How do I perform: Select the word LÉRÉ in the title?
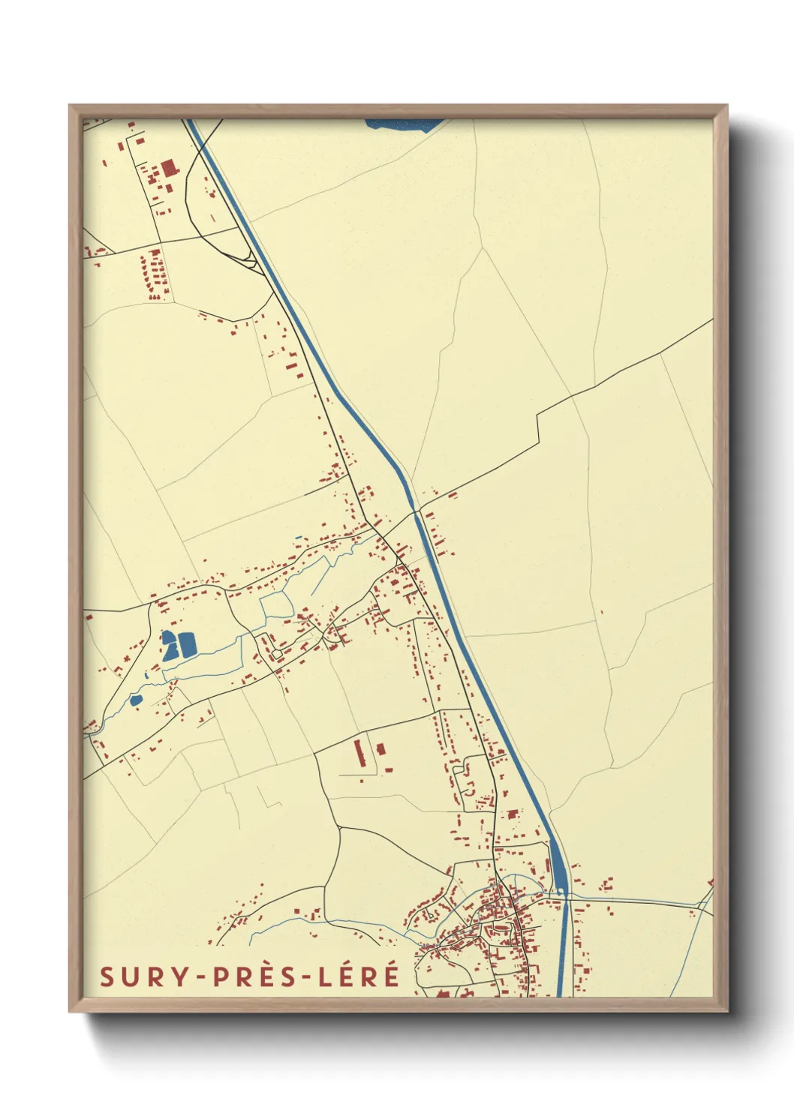(357, 976)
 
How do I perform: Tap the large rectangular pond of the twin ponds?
(185, 644)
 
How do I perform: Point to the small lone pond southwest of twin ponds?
(136, 700)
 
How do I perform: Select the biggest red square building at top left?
(167, 166)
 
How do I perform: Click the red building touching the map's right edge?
(710, 883)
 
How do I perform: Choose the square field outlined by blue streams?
(275, 604)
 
